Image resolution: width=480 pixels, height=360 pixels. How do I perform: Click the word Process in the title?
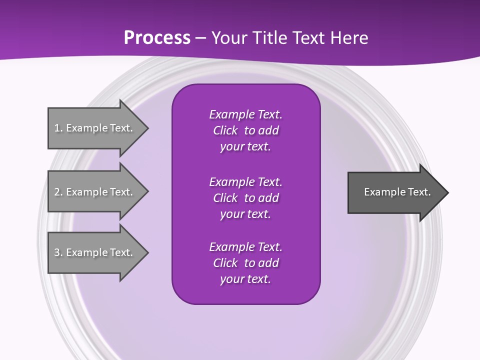(x=157, y=38)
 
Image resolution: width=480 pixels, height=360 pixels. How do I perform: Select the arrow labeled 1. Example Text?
(x=95, y=128)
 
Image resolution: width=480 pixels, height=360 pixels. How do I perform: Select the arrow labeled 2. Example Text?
(x=95, y=192)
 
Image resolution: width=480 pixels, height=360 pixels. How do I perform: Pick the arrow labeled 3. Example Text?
(x=95, y=252)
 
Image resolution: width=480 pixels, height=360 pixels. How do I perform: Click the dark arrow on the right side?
(x=395, y=192)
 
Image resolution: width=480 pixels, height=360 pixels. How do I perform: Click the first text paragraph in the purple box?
(x=245, y=130)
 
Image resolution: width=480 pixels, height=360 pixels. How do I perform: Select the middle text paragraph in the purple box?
(x=245, y=198)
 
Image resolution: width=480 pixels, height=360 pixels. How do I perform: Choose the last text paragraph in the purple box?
(x=245, y=263)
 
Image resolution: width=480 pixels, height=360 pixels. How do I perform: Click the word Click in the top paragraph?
(x=225, y=130)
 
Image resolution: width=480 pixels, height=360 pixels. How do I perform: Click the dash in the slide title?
(x=200, y=38)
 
